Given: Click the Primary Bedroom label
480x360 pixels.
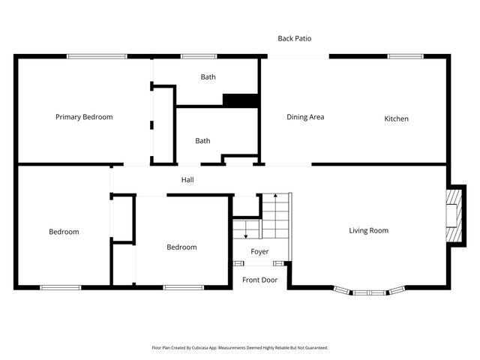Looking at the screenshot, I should coord(84,117).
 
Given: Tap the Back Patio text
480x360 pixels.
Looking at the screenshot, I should coord(294,38).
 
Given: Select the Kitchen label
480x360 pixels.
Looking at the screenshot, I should coord(396,118).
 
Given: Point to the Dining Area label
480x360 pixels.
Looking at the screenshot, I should coord(305,117).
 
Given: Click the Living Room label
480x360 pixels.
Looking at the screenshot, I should coord(368,230).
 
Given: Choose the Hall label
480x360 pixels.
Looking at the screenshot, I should coord(187,180).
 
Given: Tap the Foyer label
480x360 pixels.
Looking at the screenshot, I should coord(259,252).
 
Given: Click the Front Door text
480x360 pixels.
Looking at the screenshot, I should coord(259,280).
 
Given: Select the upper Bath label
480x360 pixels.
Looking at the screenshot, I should coord(208,77).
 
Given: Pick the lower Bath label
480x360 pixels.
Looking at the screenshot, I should coord(202,140).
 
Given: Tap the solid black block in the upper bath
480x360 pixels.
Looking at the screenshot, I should coord(241,100).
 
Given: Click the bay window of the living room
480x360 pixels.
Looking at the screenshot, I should coord(370,291).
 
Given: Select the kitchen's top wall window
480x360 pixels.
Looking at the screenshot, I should coord(405,56).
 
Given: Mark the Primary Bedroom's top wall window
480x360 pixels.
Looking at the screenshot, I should coord(96,56).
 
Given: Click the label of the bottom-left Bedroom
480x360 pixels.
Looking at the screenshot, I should coord(64,232).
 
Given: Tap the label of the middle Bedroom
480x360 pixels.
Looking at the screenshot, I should coord(181,247).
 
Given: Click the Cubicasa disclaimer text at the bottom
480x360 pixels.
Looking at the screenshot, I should coord(240,348).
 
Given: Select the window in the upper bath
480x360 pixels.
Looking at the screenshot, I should coord(199,56).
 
